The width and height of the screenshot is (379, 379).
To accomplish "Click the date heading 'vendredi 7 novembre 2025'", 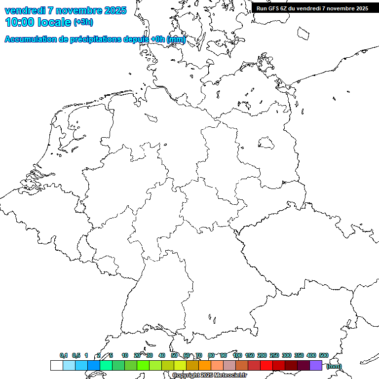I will (x=65, y=10).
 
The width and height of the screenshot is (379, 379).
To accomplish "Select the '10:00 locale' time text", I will (x=38, y=22).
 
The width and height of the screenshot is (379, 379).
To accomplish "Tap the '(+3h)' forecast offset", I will (x=83, y=23).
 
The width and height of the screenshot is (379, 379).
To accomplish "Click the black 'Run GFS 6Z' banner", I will (x=312, y=8).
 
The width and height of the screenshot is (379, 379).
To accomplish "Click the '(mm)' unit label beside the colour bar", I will (x=334, y=366).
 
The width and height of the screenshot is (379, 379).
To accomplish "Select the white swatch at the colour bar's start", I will (x=56, y=366).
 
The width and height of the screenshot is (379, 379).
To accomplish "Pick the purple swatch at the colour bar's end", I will (x=316, y=366).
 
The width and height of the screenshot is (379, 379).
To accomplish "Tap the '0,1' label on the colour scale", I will (x=64, y=355).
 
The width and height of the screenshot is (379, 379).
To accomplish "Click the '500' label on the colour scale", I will (x=324, y=355).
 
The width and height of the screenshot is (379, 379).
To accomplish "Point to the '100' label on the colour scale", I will (x=237, y=355).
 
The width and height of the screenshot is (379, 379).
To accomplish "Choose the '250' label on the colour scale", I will (x=274, y=355).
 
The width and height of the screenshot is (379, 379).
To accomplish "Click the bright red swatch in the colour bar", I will (x=266, y=366).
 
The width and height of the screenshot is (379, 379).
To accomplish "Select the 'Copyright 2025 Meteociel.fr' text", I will (x=209, y=376).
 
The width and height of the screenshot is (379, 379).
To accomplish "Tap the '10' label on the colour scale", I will (x=125, y=355).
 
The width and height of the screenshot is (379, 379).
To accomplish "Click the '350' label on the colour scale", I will (x=299, y=355).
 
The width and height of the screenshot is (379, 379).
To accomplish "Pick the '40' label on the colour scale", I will (x=162, y=355).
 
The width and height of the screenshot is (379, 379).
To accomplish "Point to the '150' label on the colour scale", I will (x=250, y=355).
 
